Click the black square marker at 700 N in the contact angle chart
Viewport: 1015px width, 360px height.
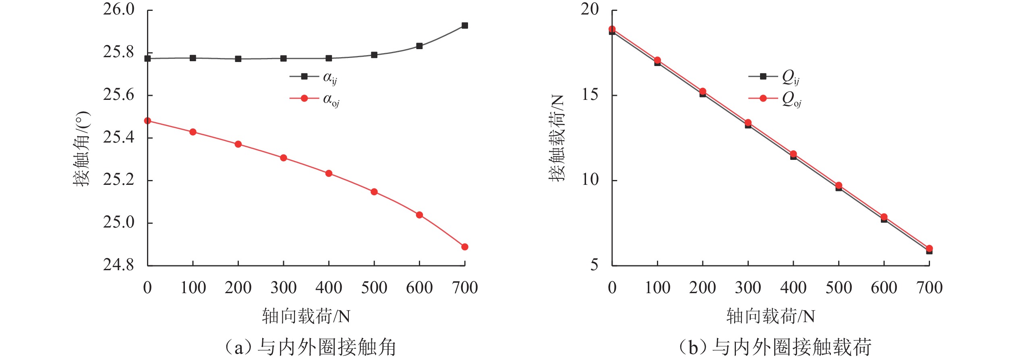point(465,26)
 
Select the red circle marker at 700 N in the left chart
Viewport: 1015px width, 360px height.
point(465,247)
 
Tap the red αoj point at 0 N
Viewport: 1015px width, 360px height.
point(147,121)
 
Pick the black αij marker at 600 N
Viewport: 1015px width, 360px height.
point(419,46)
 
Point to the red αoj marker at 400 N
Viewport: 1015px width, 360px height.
point(329,174)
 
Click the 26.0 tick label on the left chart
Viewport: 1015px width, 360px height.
point(119,9)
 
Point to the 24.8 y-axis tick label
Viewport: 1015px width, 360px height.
point(119,265)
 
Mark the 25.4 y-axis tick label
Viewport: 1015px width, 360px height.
point(119,137)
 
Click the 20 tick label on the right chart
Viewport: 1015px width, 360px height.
point(590,9)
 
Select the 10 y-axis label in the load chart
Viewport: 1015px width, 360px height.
point(590,180)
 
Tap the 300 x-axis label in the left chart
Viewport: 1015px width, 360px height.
point(284,288)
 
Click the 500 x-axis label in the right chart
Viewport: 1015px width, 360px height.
point(839,288)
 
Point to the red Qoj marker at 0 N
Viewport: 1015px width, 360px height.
point(612,29)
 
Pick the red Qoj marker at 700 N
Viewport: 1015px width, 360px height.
point(929,249)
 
